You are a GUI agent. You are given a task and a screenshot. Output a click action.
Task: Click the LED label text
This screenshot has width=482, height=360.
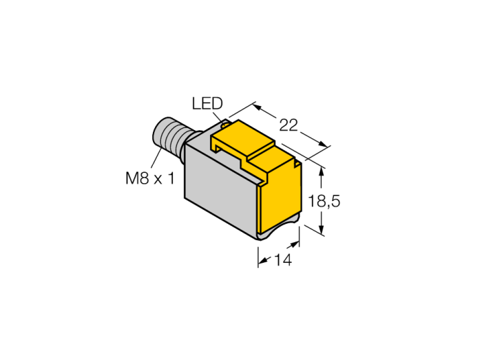(x=207, y=103)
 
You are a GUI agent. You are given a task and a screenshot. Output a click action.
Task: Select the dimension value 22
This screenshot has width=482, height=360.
(x=289, y=125)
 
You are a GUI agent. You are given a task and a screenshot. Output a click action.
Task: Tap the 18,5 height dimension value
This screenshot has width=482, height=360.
(x=324, y=202)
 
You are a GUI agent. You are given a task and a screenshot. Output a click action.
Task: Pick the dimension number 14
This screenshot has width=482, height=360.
(x=282, y=260)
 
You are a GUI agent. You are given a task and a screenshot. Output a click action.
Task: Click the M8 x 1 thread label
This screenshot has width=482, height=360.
(x=149, y=178)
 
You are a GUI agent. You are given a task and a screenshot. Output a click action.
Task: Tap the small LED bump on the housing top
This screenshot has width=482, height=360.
(x=225, y=125)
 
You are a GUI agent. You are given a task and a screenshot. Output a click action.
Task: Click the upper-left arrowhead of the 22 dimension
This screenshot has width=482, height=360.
(x=257, y=107)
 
